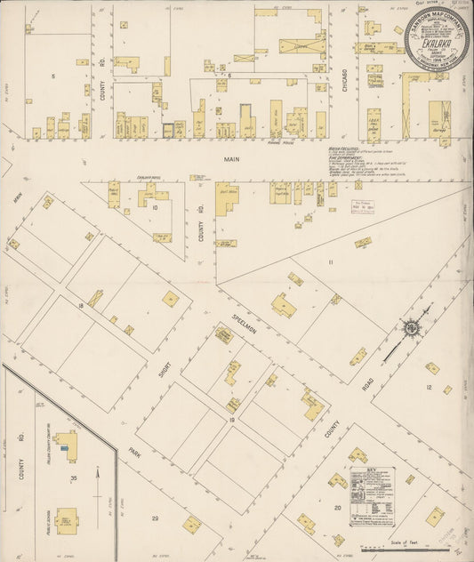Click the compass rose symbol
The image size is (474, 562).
pos(414,328)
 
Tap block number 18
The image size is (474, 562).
pos(81,305)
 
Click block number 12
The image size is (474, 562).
pos(428,388)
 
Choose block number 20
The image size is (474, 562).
pos(337,508)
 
